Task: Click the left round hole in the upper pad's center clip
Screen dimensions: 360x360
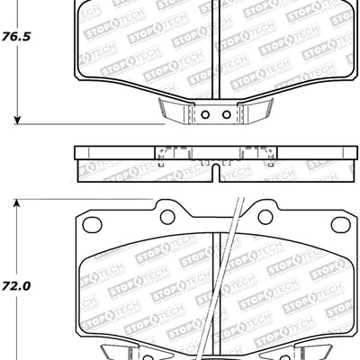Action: click(x=204, y=114)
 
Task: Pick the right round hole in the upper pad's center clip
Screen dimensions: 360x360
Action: click(x=225, y=114)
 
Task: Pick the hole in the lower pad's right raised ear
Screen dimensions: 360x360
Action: click(x=265, y=217)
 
